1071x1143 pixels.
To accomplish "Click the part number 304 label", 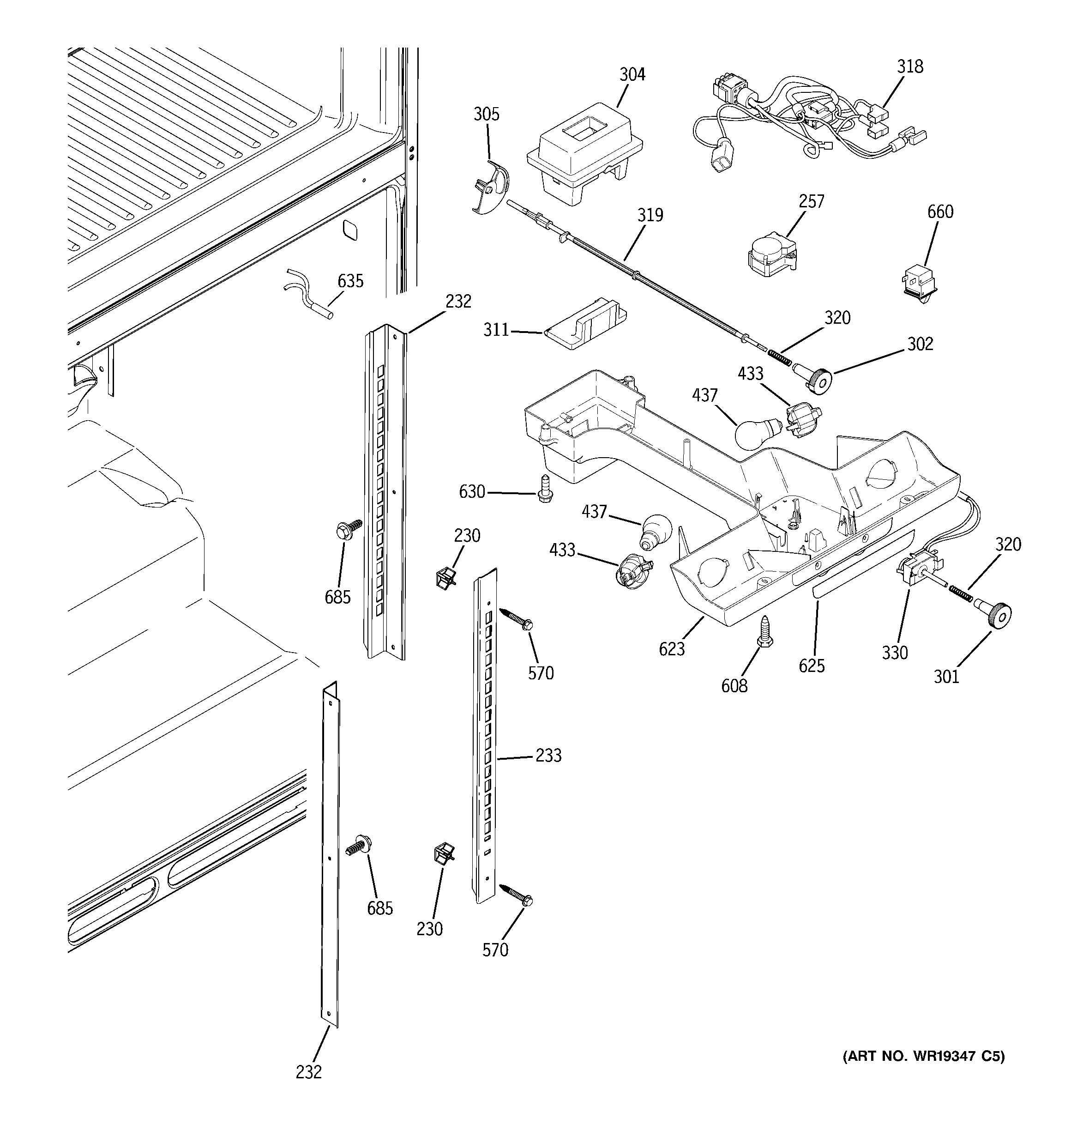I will (632, 75).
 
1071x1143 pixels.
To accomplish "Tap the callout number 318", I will (910, 67).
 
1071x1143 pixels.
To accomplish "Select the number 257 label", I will (811, 201).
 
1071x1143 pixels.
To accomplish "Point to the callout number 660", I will (940, 212).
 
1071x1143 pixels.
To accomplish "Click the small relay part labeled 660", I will (919, 283).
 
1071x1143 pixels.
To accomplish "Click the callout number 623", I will (672, 648).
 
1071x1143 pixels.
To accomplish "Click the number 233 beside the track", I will (548, 755).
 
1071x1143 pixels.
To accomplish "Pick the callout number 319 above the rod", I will (650, 215).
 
